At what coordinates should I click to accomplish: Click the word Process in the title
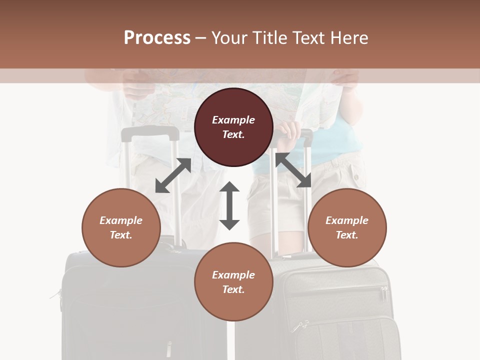coord(157,38)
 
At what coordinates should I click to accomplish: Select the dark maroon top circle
coord(233,127)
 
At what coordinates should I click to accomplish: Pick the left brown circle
coord(121,227)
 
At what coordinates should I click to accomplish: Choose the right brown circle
coord(347,227)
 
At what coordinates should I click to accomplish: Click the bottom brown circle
coord(233,282)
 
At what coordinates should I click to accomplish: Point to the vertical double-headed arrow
coord(229,206)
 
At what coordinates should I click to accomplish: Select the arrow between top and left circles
coord(173,175)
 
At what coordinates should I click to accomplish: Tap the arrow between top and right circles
coord(293,170)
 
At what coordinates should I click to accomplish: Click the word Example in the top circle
coord(233,120)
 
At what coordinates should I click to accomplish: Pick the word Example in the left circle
coord(121,220)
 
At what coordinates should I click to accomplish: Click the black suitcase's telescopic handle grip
coord(150,133)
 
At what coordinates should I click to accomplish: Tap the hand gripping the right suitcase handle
coord(289,131)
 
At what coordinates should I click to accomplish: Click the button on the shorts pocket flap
coord(355,176)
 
